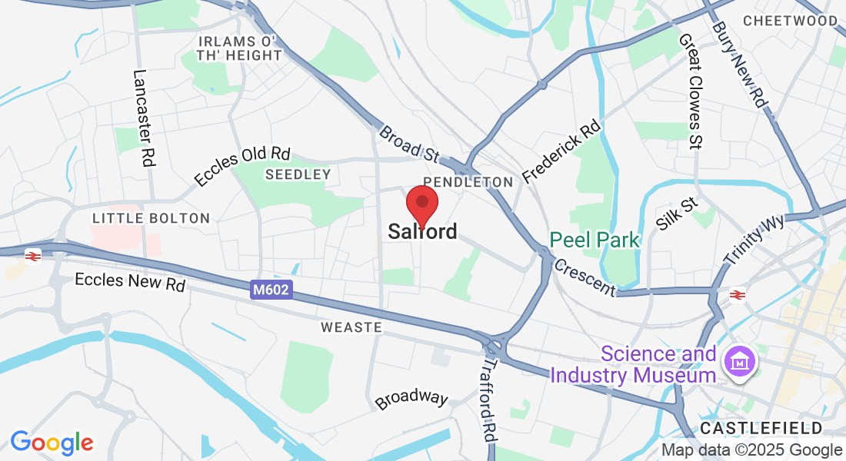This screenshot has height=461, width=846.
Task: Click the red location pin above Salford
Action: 422,203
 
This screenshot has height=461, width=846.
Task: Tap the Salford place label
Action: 422,231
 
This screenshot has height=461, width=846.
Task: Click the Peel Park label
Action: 595,240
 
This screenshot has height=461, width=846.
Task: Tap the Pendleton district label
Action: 468,182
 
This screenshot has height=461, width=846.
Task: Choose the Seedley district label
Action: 298,174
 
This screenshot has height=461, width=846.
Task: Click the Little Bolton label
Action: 151,218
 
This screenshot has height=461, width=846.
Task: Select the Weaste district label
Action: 351,327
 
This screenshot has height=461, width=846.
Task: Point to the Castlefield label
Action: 761,428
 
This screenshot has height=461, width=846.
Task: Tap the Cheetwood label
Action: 790,21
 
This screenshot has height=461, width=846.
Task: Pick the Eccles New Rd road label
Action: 130,281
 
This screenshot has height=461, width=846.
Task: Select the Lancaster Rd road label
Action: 143,118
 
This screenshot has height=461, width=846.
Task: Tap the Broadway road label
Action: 411,399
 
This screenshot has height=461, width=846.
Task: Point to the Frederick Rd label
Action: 561,151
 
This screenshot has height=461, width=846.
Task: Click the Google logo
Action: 52,443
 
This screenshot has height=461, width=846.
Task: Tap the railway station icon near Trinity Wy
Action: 737,294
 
